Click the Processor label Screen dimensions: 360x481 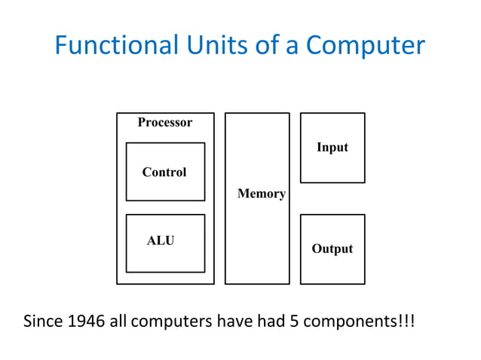[165, 122]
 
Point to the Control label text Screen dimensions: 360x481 [164, 172]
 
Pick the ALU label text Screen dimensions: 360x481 [161, 241]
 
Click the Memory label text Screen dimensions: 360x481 [261, 194]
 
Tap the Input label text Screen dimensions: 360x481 [332, 147]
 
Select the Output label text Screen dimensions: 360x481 [332, 249]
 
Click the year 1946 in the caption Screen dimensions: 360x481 [87, 322]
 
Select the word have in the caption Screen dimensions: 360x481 [233, 322]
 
